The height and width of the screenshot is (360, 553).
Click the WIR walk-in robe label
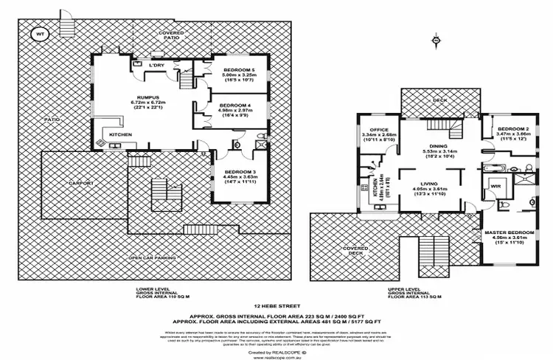click(x=495, y=186)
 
